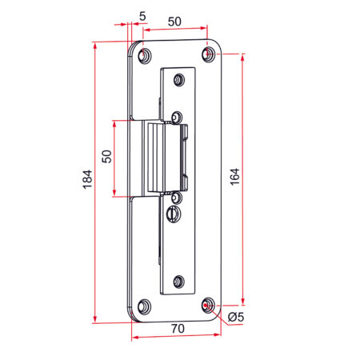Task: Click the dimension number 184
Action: point(87,182)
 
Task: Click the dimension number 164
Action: point(234,178)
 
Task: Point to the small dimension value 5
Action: point(142,15)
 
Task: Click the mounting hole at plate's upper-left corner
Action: point(144,57)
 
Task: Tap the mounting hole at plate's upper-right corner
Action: point(208,55)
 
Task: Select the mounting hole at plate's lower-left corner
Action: point(144,306)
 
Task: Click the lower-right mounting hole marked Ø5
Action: point(208,305)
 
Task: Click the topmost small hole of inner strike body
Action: point(178,78)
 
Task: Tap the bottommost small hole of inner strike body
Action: point(178,281)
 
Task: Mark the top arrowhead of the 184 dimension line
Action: point(95,46)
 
